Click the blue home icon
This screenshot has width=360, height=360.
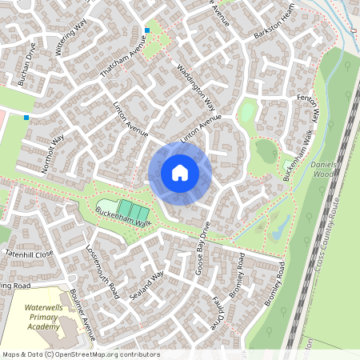click(x=180, y=173)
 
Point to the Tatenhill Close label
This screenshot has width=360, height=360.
click(x=29, y=253)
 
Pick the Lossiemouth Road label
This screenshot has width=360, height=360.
click(x=102, y=266)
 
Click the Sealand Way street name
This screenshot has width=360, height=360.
click(x=146, y=286)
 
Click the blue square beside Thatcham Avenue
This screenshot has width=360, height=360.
click(x=147, y=30)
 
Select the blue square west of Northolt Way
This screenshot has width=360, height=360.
click(x=26, y=118)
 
